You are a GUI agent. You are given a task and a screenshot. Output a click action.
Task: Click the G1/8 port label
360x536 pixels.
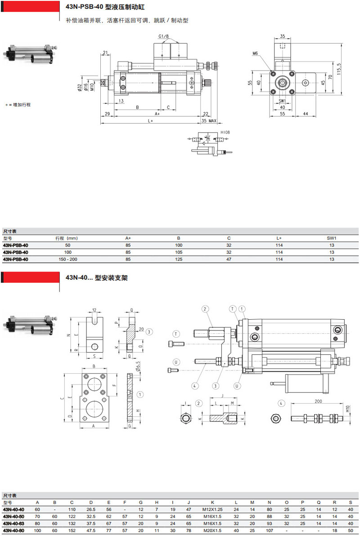click(164, 36)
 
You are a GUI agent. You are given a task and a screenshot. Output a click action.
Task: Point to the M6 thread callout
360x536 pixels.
click(255, 54)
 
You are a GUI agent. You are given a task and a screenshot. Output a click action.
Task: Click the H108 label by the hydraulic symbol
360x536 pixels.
click(225, 132)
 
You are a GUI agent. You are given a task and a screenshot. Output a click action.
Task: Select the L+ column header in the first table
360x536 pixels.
click(279, 238)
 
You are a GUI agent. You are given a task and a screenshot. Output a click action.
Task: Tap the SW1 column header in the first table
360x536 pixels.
click(332, 238)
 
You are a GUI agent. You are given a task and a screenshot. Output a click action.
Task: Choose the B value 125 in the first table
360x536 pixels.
click(178, 259)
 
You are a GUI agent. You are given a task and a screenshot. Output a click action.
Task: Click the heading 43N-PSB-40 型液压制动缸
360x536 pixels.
click(106, 8)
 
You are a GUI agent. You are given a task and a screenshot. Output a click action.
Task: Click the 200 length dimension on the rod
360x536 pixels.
click(319, 402)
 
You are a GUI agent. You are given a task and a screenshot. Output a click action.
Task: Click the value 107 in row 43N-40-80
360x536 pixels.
click(270, 531)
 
